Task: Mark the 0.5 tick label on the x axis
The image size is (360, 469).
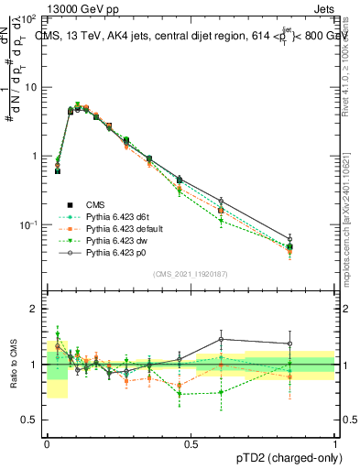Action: pos(191,442)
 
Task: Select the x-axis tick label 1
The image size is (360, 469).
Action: pos(334,442)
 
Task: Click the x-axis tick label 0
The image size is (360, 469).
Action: pos(48,442)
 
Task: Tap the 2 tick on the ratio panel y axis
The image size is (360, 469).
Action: pos(34,310)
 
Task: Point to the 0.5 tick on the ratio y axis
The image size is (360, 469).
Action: pos(30,420)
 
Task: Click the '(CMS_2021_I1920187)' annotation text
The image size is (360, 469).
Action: pos(191,274)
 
